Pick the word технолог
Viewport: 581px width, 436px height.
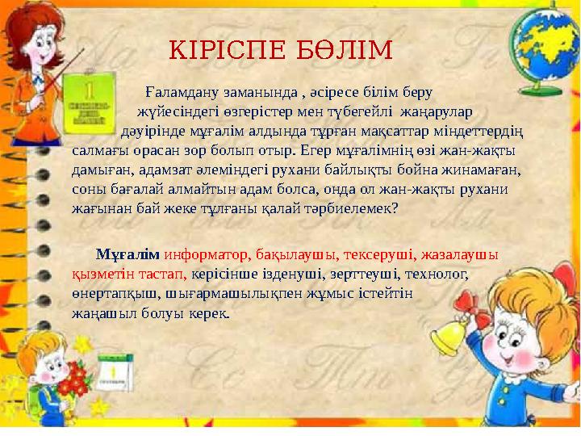tap(437, 274)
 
